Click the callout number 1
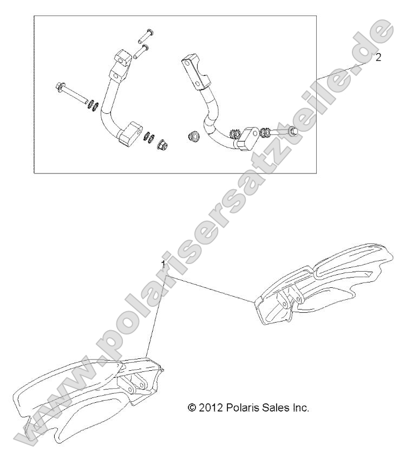[163, 263]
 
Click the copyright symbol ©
[191, 408]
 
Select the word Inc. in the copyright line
[300, 408]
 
